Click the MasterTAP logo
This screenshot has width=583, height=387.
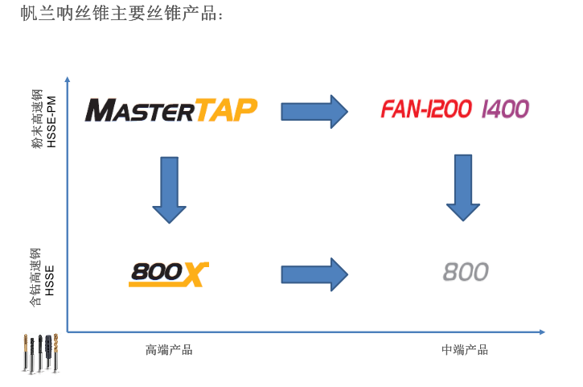(170, 109)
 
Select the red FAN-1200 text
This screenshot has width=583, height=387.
(426, 109)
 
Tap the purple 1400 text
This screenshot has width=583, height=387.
(505, 109)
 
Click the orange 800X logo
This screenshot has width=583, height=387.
(168, 274)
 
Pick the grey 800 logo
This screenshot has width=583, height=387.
(466, 272)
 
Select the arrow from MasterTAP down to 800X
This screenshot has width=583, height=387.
(169, 191)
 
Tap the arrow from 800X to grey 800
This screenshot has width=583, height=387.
(314, 274)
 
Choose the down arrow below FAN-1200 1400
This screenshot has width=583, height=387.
(463, 187)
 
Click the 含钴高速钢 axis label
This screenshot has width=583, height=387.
(36, 278)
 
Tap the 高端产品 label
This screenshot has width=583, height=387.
(169, 349)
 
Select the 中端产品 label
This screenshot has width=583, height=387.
(464, 349)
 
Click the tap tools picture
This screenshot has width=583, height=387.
(40, 353)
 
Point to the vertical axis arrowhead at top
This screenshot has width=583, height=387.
(68, 80)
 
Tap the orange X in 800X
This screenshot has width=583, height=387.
(193, 274)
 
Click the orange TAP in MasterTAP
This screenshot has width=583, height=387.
(226, 109)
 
